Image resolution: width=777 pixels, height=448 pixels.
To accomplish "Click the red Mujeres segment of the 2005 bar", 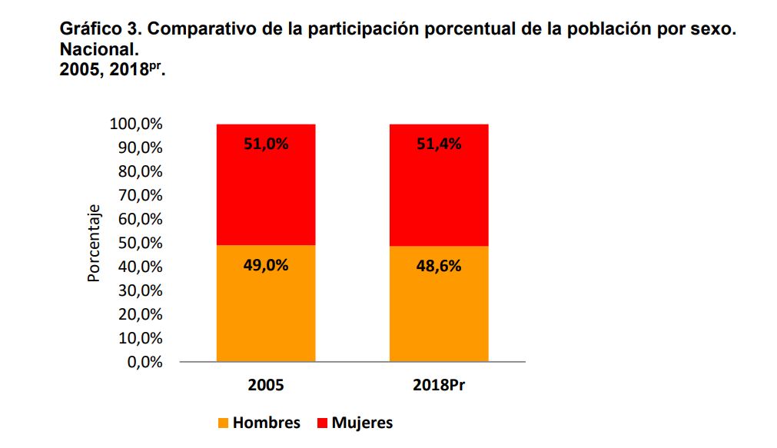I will click(266, 192).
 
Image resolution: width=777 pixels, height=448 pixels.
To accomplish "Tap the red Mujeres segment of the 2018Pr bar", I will click(439, 192).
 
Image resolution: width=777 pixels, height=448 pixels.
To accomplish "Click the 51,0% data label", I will click(266, 143).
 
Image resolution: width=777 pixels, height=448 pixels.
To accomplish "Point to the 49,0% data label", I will click(266, 266).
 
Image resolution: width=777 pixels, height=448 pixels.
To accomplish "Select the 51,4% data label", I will click(439, 143).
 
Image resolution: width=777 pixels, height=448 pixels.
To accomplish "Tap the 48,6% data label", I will click(439, 266).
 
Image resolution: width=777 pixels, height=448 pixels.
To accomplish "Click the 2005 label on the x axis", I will click(266, 385).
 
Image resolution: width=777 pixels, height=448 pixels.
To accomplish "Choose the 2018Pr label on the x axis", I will click(439, 385).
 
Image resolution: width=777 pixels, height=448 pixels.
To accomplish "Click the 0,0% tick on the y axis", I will click(144, 362).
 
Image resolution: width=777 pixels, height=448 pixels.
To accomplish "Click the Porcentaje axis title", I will click(94, 243).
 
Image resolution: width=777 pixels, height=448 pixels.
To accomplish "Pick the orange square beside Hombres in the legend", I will click(224, 423).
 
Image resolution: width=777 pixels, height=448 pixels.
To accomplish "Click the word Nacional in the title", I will click(98, 50).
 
